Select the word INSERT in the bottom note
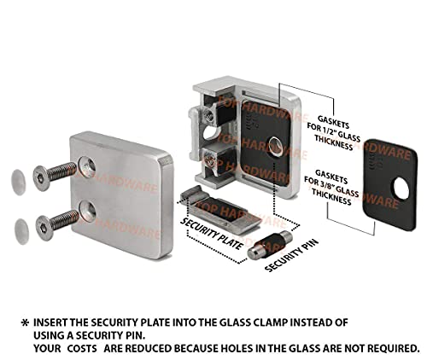[x=54, y=322]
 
